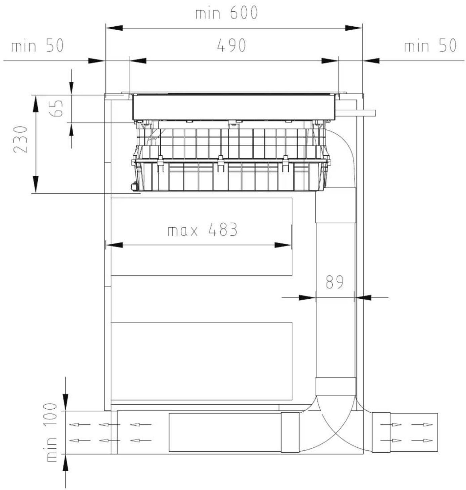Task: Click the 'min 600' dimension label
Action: click(226, 13)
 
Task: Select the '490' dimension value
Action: click(231, 45)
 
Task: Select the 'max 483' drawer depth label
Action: click(203, 230)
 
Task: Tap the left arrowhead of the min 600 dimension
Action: click(114, 28)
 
